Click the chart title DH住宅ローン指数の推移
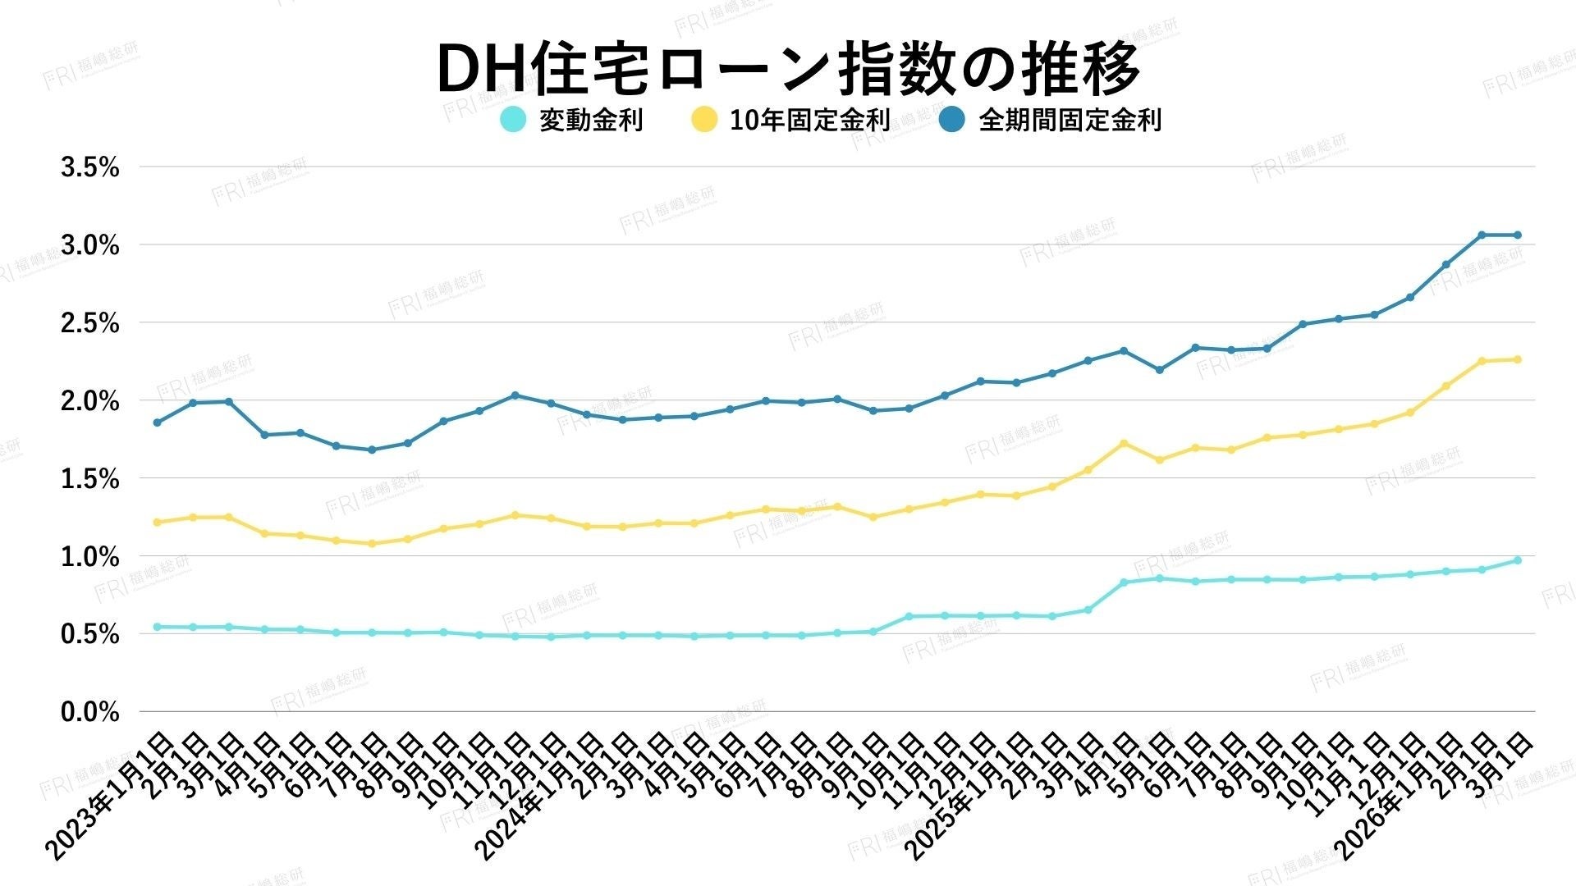[x=788, y=69]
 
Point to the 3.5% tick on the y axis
[x=90, y=167]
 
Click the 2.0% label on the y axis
[x=90, y=401]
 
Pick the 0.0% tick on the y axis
[x=90, y=712]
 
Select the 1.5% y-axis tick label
[x=90, y=479]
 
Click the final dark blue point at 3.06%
[x=1518, y=235]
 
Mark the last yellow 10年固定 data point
[x=1518, y=359]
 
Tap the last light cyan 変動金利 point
[x=1518, y=560]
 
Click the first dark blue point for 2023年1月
[x=157, y=422]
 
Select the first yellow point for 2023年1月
[x=157, y=522]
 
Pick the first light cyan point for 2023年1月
[x=157, y=627]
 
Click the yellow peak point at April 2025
[x=1124, y=443]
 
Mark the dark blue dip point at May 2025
[x=1159, y=370]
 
